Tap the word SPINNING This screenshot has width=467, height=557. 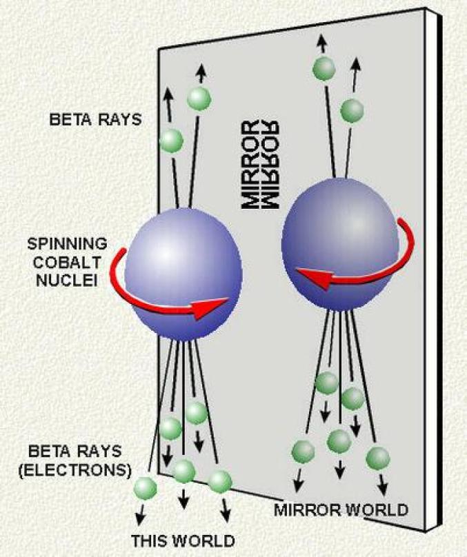point(67,244)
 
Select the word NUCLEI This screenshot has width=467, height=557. point(67,281)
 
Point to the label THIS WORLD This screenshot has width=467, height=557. point(183,540)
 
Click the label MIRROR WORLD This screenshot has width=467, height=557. point(341,509)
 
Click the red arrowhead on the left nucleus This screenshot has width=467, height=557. point(209,307)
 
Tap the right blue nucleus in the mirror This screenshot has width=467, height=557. point(340,245)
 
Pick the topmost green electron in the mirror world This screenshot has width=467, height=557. point(324,68)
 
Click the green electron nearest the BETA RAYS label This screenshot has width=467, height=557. point(172,141)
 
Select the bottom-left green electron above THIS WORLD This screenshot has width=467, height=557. point(145,488)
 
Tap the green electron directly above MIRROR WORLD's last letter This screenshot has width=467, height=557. point(378,458)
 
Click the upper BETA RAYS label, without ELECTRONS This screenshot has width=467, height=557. point(95,119)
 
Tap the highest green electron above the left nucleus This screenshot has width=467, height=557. point(199,99)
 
